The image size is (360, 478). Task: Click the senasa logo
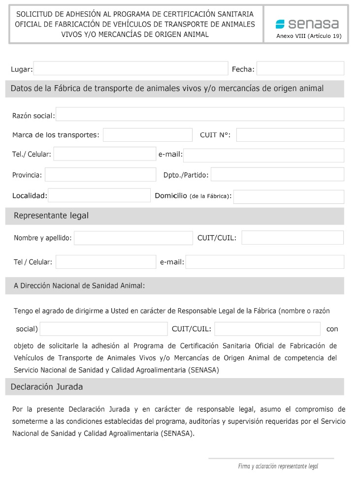(307, 24)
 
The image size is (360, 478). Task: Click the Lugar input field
(131, 69)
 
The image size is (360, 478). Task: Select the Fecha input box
(300, 69)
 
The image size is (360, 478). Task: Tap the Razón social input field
(200, 115)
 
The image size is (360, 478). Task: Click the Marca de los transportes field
(147, 135)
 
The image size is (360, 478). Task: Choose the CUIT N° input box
(290, 135)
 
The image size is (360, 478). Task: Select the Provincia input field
(100, 175)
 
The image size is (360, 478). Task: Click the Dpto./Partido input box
(277, 175)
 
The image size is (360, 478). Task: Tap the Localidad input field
(99, 195)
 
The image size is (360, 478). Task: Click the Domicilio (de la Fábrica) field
(289, 196)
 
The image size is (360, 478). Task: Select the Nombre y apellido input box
(133, 238)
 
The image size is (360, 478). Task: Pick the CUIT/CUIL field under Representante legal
(292, 238)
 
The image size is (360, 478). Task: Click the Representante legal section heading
(51, 216)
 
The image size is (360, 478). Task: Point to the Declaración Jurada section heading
(47, 387)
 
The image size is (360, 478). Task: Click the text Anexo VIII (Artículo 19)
(309, 36)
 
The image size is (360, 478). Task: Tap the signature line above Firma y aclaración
(271, 458)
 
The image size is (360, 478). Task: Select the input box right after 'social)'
(103, 329)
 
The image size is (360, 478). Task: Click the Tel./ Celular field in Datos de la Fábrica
(104, 154)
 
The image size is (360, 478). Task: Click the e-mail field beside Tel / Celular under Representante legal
(264, 262)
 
